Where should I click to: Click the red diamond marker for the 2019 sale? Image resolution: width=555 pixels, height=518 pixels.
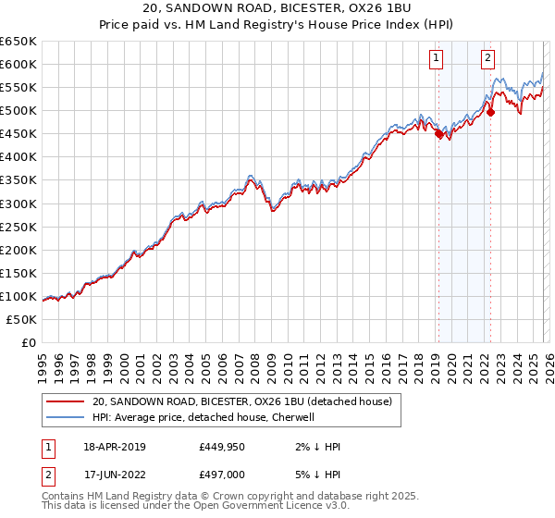pyautogui.click(x=438, y=133)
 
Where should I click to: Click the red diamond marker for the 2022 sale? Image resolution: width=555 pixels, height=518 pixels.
pyautogui.click(x=490, y=112)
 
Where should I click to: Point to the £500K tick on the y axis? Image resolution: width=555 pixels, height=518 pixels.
pyautogui.click(x=18, y=110)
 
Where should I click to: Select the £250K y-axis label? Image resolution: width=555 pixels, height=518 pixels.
pyautogui.click(x=18, y=227)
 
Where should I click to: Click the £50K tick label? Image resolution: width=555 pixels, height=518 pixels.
pyautogui.click(x=22, y=319)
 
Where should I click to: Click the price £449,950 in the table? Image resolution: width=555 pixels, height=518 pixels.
pyautogui.click(x=221, y=447)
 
